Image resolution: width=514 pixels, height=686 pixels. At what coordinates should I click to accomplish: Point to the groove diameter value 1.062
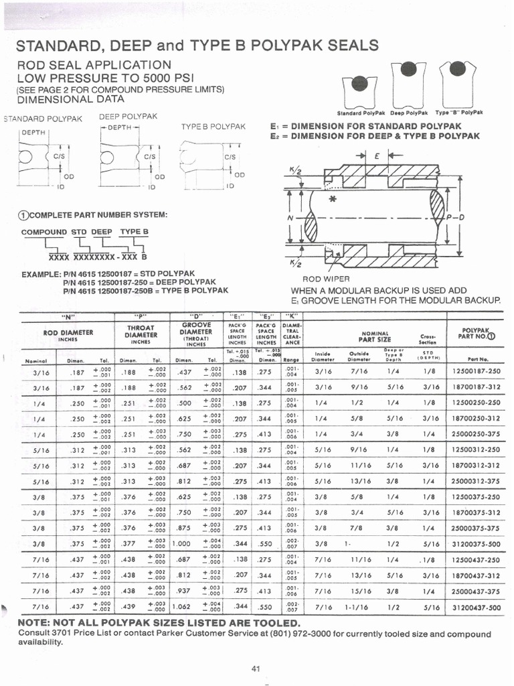(x=181, y=608)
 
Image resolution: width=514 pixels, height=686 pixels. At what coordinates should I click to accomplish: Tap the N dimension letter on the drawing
(x=289, y=218)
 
